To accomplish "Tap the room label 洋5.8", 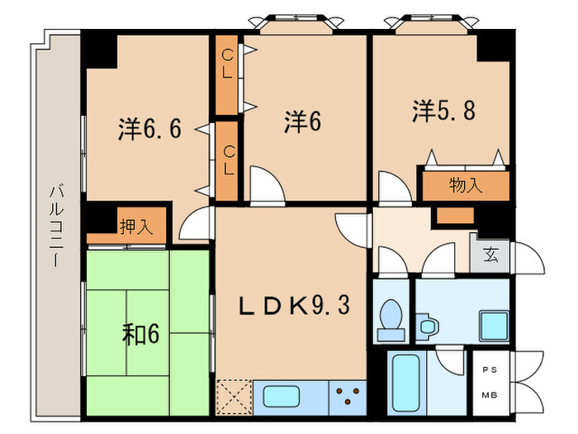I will [x=443, y=111].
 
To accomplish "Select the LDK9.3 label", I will [x=294, y=306].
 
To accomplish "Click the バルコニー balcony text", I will [x=57, y=223].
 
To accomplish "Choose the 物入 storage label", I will [x=466, y=185].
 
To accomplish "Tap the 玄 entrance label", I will [x=490, y=255].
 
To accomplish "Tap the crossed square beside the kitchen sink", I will [x=234, y=396].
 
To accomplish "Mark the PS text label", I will [x=489, y=368].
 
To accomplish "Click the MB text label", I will [x=489, y=394].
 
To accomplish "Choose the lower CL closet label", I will [x=229, y=160].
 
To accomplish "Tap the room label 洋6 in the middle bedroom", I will [x=302, y=122].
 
